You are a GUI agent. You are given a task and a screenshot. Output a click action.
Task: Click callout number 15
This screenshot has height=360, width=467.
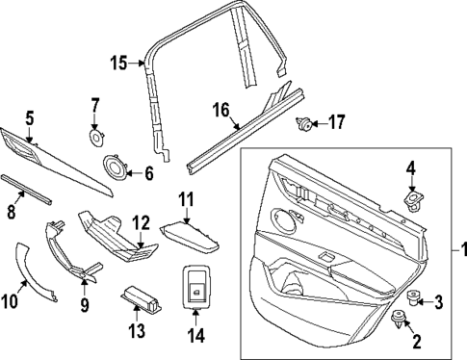pos(117,64)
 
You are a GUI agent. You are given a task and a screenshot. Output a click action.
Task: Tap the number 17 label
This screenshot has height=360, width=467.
pos(336,122)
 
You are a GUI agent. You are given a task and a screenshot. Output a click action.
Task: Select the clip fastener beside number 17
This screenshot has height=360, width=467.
pos(303,122)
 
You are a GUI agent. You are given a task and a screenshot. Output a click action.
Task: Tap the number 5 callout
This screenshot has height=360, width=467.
pos(30,118)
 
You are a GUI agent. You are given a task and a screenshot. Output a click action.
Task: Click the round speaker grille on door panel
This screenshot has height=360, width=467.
pos(285,220)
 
